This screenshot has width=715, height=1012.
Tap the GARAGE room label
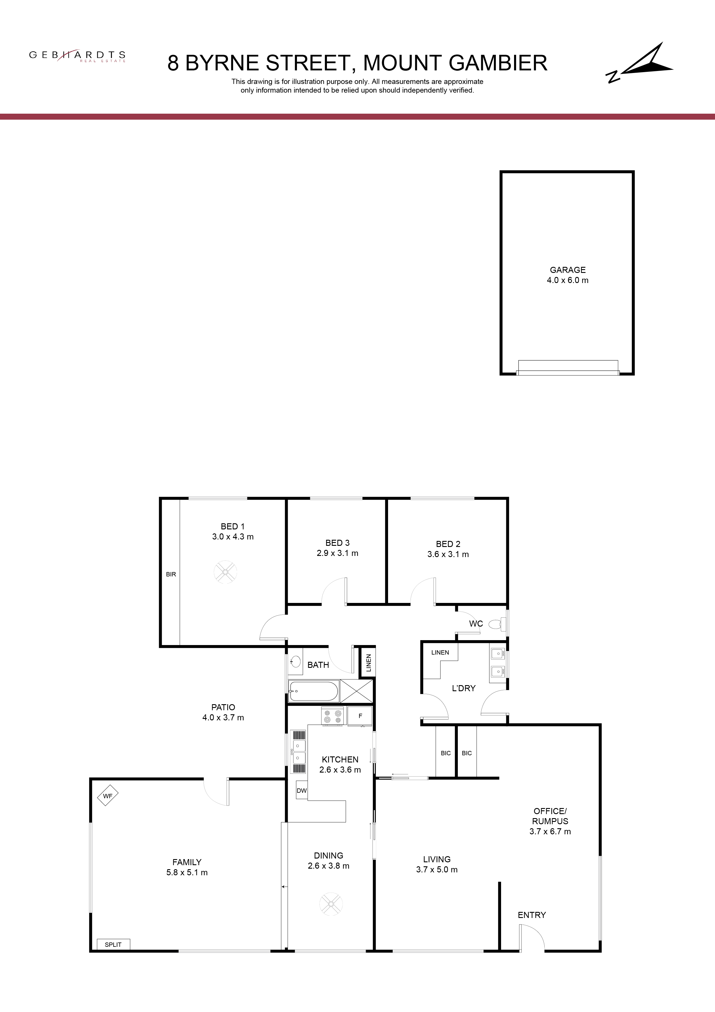[567, 270]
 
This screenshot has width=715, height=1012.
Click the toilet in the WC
[498, 624]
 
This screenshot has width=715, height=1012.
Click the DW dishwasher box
[301, 790]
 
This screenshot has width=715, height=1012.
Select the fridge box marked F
[360, 716]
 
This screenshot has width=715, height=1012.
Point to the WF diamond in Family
[108, 796]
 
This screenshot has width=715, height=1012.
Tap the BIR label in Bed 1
[171, 574]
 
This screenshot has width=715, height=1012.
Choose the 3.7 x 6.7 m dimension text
[550, 832]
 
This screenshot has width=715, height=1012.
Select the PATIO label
[223, 707]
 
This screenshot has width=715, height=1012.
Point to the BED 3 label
[337, 543]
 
